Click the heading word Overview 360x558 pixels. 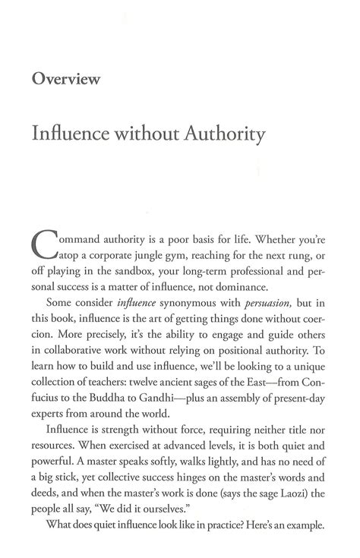pos(66,78)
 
